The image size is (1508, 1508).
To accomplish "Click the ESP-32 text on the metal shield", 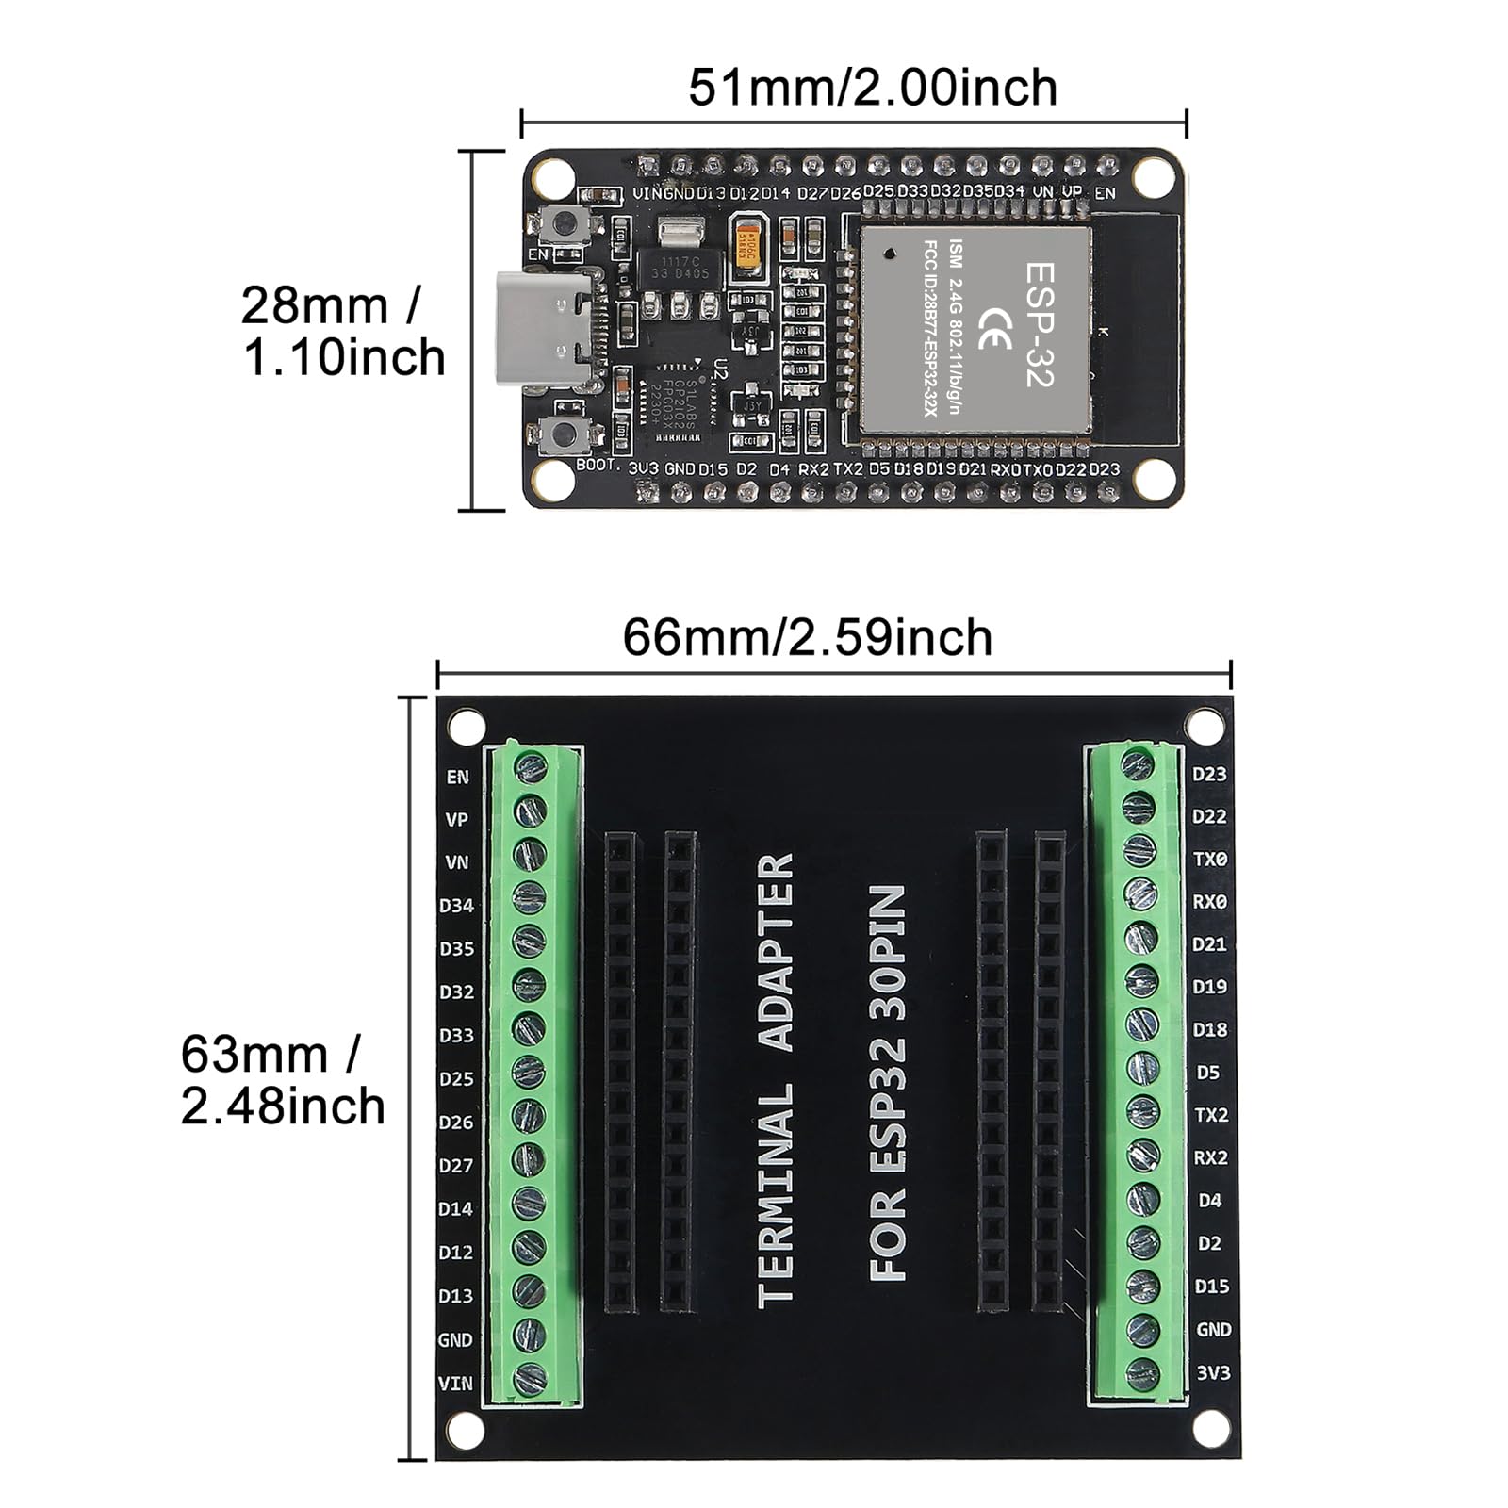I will point(1040,323).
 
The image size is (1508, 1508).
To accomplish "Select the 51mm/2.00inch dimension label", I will point(873,88).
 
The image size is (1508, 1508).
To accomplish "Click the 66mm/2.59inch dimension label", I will point(808,638).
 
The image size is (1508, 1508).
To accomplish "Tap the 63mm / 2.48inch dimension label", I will point(283,1080).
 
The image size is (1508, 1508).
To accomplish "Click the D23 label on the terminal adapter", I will point(1209,774).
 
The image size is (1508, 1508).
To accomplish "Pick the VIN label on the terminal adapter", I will point(455,1384).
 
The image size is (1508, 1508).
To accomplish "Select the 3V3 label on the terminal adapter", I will point(1213,1372).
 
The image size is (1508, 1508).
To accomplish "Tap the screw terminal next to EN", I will point(532,765).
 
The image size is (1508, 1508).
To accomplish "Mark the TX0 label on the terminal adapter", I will point(1210,860).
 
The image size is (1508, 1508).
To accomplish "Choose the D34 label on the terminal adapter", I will point(456,906).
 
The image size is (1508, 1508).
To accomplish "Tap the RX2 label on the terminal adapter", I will point(1210,1157).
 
